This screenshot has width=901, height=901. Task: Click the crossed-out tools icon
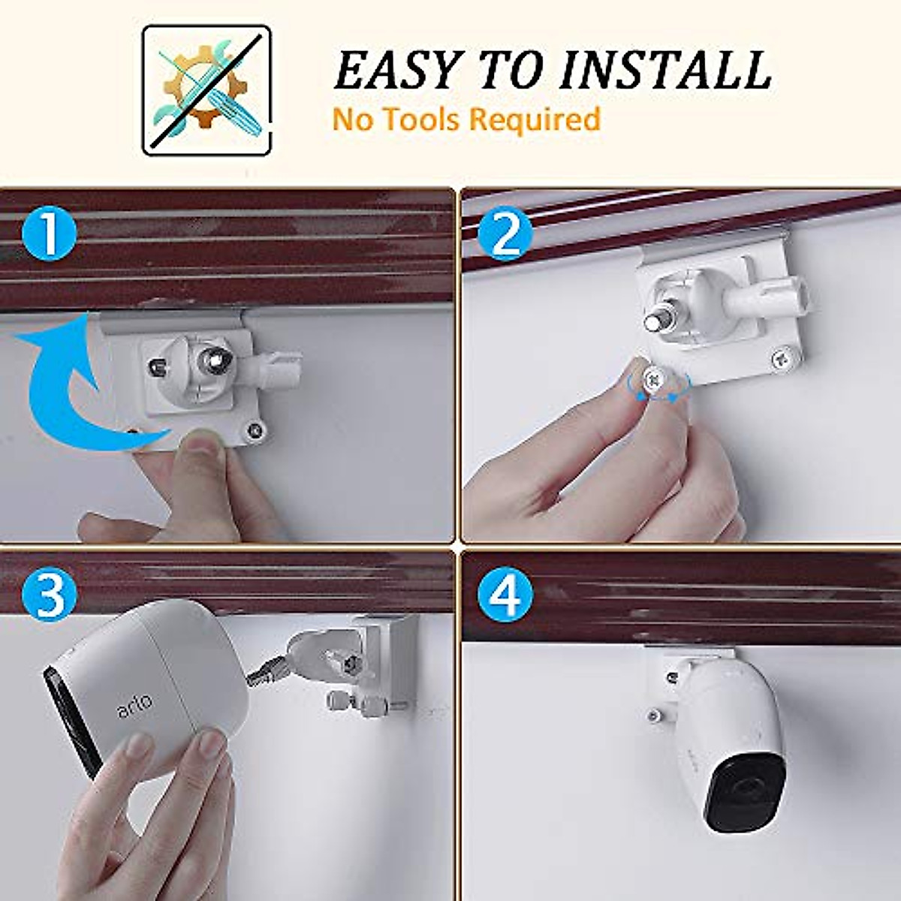206,90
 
